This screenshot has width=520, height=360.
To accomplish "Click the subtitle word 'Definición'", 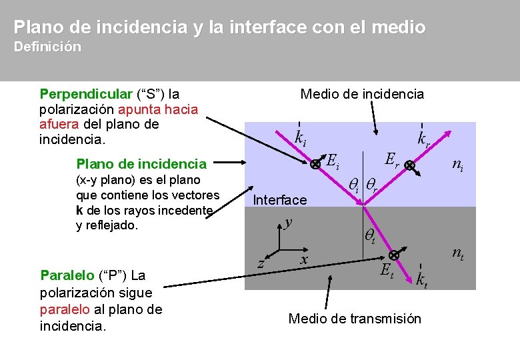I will coord(47,47).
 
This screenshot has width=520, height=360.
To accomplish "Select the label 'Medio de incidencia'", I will coord(362,94).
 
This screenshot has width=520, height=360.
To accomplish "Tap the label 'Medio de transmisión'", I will coord(355,319).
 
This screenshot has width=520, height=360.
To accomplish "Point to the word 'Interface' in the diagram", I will coord(280,200).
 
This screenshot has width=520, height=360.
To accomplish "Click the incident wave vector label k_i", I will coord(301,137).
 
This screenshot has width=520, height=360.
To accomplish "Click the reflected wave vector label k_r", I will coord(424,139).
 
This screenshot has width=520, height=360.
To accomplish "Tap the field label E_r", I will coord(392,159).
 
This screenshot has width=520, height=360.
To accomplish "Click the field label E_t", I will coord(386,271).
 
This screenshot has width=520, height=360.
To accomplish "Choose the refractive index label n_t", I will coord(458,253).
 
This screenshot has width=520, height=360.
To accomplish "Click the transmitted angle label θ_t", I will coord(369,234).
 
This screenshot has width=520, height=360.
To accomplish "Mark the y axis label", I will coord(288,222).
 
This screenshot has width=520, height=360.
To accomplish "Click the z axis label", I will coord(261,264).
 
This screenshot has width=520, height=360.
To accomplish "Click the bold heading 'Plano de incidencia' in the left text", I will coord(141,164).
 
